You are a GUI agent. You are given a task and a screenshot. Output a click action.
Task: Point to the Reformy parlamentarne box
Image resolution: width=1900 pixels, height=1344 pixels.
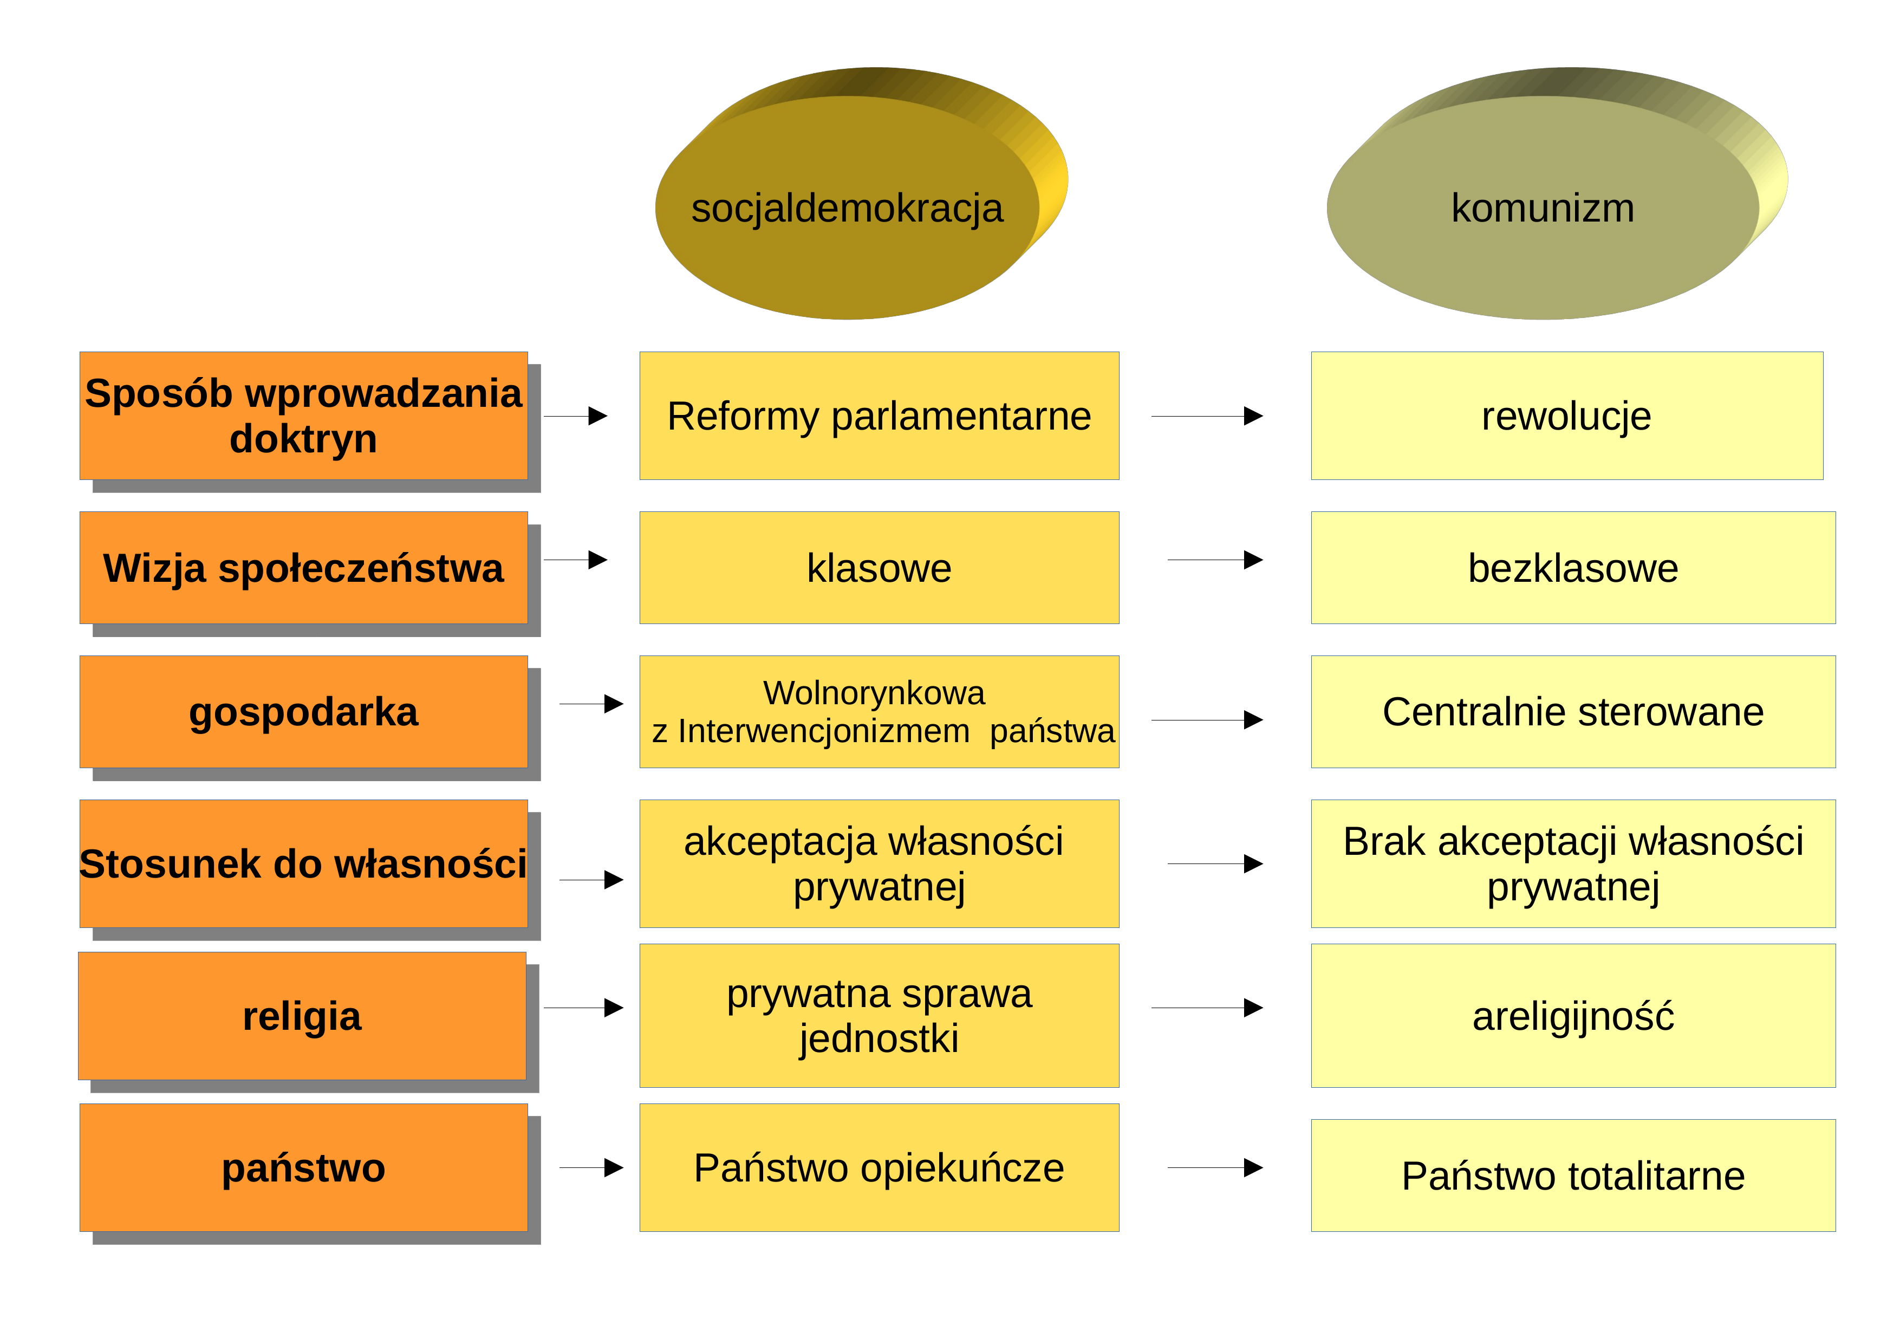(x=879, y=415)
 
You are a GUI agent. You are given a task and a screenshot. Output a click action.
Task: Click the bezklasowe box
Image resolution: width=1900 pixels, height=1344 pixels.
(x=1573, y=568)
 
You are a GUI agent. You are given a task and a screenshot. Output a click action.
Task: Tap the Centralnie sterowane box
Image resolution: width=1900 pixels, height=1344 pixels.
(x=1573, y=712)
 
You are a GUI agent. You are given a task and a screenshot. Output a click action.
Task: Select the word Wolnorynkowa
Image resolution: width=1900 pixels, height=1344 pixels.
(x=874, y=693)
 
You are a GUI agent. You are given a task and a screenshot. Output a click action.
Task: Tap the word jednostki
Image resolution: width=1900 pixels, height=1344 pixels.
(x=879, y=1038)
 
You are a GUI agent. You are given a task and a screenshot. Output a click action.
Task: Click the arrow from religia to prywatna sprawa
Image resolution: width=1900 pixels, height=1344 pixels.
(x=583, y=1007)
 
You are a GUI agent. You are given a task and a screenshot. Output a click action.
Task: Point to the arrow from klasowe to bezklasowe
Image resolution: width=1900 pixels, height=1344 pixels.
(x=1215, y=560)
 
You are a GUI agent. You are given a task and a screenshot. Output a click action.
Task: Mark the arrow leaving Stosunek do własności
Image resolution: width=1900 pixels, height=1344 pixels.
(x=591, y=880)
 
